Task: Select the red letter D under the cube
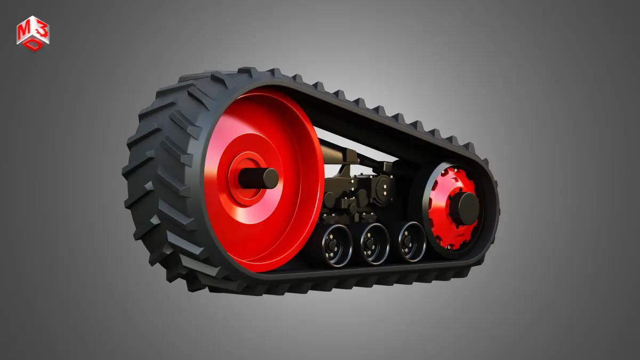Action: point(34,45)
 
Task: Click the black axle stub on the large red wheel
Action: point(259,178)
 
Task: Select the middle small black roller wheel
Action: point(375,244)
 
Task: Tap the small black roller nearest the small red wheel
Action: point(412,242)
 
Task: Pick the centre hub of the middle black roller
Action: point(369,243)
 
